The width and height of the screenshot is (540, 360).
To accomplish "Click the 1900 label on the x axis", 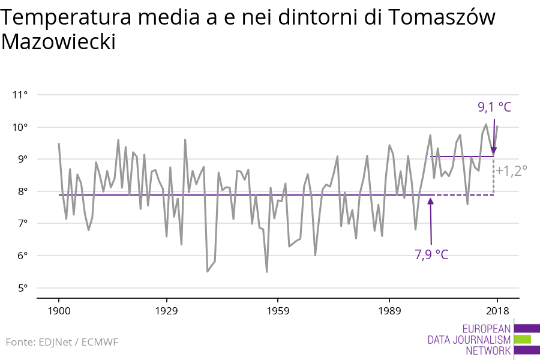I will tap(59, 311).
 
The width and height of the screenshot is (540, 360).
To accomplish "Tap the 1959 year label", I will tap(278, 311).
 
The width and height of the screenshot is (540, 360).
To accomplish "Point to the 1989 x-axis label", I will tap(389, 311).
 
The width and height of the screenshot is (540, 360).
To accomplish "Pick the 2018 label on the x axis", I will tap(497, 311).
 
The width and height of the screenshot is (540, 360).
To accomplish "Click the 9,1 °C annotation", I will tap(494, 107).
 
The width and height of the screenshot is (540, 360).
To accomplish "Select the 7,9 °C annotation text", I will tap(431, 254).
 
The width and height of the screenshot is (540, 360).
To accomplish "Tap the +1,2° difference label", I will tap(512, 170).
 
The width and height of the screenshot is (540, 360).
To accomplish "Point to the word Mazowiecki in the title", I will tap(58, 42).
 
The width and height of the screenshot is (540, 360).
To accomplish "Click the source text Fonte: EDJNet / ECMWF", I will tap(62, 342).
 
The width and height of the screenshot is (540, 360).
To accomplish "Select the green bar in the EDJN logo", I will tap(523, 340).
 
